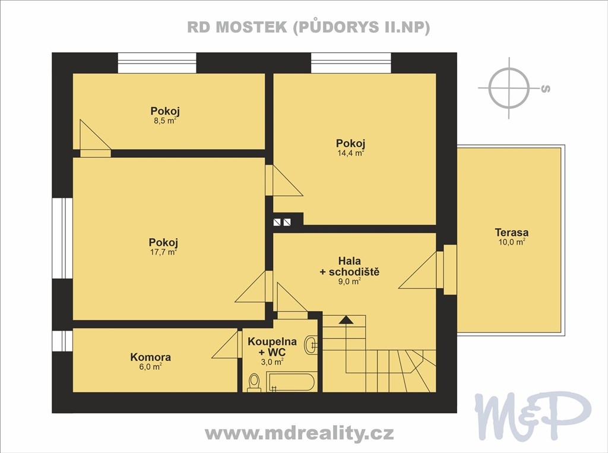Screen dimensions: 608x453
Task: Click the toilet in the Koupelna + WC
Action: (x=254, y=382)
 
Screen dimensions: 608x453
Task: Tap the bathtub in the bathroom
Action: (x=291, y=382)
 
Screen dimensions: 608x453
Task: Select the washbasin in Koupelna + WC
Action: (x=311, y=344)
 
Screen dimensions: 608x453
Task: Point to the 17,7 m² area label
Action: (x=163, y=252)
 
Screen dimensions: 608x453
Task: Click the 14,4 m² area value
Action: (x=350, y=153)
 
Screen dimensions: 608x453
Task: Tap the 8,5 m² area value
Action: (x=165, y=121)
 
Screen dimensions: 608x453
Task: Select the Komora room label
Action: (x=150, y=357)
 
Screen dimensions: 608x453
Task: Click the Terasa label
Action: (x=511, y=233)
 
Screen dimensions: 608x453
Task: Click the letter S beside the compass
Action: (x=545, y=89)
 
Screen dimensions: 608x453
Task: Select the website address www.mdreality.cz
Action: (x=299, y=433)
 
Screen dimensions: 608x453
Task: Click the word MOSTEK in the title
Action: (x=251, y=27)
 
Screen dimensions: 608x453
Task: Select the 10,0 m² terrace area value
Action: (x=511, y=242)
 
